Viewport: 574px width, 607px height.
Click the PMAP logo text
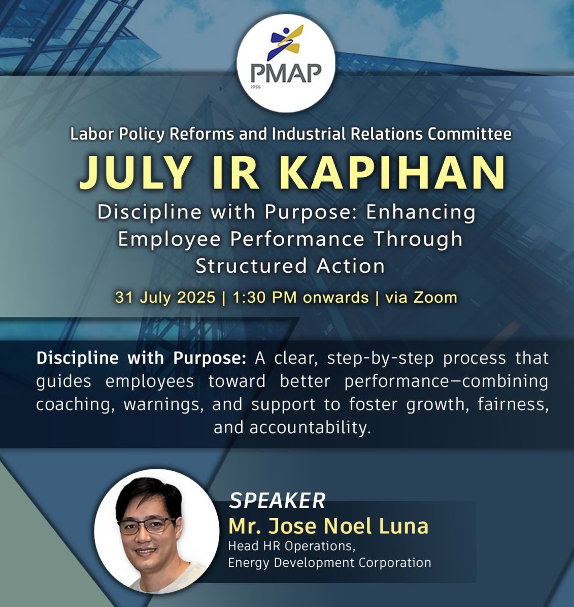point(286,73)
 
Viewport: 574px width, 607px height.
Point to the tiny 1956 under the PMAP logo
point(256,87)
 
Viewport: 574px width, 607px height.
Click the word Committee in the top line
point(469,134)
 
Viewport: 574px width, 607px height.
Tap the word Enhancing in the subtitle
point(421,213)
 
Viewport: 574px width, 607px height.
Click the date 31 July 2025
point(165,297)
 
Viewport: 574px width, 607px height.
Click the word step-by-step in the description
point(381,358)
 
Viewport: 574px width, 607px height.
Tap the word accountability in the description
point(310,428)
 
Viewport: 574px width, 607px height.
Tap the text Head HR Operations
point(292,546)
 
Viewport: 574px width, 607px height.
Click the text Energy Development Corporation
point(329,562)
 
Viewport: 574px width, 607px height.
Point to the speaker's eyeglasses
point(147,526)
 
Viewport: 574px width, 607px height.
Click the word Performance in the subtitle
point(297,239)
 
